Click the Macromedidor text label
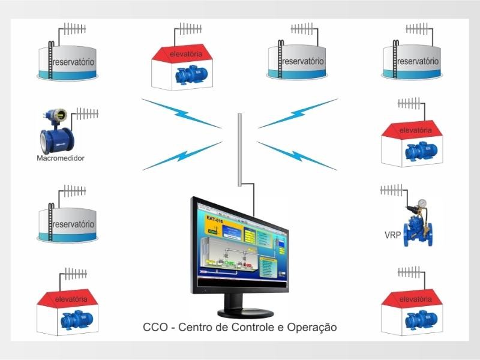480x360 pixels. pyautogui.click(x=60, y=158)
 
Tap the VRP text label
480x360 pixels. pyautogui.click(x=392, y=235)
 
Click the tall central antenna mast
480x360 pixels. pyautogui.click(x=239, y=150)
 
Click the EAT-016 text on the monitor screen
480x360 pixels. pyautogui.click(x=214, y=219)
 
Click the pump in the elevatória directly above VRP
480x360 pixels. pyautogui.click(x=414, y=151)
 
